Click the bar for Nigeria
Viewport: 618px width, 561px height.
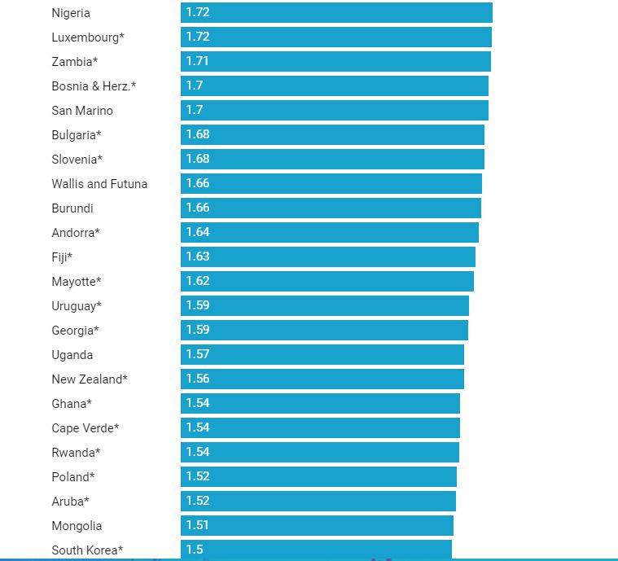[336, 13]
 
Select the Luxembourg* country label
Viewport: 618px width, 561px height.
[88, 37]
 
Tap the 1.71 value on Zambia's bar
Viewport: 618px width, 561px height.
[198, 61]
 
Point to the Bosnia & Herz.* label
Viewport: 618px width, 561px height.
[94, 86]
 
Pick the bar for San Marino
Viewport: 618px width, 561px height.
[335, 111]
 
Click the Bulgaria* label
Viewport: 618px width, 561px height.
[77, 135]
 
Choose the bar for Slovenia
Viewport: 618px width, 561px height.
[332, 160]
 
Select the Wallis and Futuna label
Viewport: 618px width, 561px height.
[99, 184]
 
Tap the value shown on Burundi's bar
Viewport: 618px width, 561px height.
[198, 208]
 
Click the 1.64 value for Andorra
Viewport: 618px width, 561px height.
[198, 232]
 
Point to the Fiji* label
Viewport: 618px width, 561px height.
[62, 257]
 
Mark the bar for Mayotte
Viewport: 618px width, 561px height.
[327, 282]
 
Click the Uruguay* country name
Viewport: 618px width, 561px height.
[77, 306]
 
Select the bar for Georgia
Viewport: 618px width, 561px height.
[324, 331]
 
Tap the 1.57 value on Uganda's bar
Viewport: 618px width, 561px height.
[198, 354]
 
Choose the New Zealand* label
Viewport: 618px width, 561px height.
[90, 379]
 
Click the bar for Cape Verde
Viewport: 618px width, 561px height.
[320, 428]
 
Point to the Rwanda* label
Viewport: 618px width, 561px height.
[76, 453]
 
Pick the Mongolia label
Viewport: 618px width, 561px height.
[77, 526]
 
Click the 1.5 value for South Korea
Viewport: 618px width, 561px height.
[195, 550]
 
